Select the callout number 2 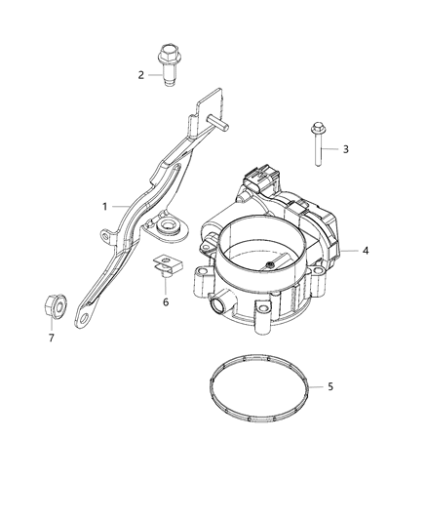141,75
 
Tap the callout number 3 343,149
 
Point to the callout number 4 366,251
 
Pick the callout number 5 330,387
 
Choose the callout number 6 165,302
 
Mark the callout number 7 53,339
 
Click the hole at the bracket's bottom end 89,312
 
